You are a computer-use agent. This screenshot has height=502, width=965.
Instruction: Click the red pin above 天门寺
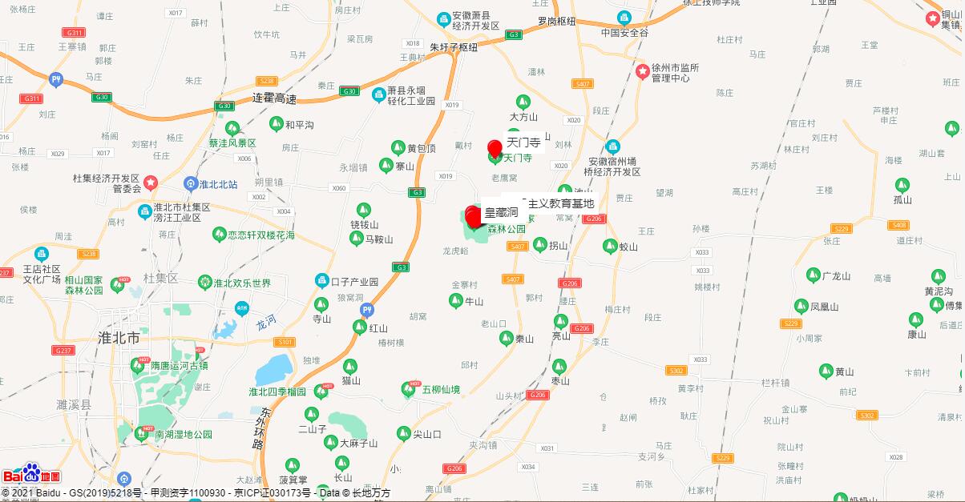495,148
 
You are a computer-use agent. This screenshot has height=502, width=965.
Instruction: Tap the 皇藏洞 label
501,212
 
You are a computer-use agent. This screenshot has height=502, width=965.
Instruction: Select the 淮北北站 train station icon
191,184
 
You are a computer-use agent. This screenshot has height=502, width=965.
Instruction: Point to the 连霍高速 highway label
274,99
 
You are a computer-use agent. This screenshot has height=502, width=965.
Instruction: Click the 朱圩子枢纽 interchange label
453,47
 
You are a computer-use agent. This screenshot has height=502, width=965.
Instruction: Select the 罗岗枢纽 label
556,22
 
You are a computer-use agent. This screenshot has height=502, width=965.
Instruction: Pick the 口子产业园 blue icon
321,281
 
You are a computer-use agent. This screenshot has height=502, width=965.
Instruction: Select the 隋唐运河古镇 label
180,365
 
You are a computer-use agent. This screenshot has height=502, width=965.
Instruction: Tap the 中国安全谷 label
624,33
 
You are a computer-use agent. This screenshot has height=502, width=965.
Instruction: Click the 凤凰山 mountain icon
801,306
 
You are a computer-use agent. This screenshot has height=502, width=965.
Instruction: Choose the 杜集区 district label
160,278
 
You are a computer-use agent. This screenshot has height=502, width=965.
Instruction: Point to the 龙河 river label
265,322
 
